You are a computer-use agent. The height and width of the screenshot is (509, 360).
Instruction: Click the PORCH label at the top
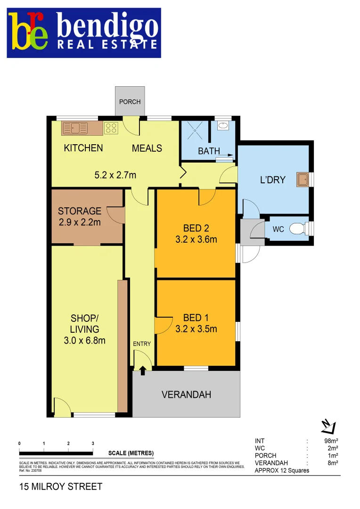(130, 102)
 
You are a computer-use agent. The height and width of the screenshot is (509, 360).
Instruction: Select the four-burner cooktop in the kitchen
(111, 128)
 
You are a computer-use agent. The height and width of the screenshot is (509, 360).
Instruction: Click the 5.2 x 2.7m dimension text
(115, 175)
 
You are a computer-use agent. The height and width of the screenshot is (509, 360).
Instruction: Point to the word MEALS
(147, 148)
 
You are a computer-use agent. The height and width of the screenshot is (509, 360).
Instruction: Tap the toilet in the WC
(297, 229)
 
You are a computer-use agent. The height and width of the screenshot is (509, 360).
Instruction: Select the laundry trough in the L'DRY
(302, 179)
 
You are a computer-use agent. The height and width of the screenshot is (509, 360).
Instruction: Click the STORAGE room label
(79, 211)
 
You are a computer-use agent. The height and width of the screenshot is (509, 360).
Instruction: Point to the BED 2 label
(196, 229)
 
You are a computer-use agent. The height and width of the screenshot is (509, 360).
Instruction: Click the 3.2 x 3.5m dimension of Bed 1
(196, 329)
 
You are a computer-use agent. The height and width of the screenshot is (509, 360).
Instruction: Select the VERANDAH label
(186, 395)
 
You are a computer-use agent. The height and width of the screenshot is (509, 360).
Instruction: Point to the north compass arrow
(327, 426)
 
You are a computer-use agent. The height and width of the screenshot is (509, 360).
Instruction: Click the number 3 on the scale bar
(93, 443)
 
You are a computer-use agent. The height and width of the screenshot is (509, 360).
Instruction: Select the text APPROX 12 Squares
(282, 470)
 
